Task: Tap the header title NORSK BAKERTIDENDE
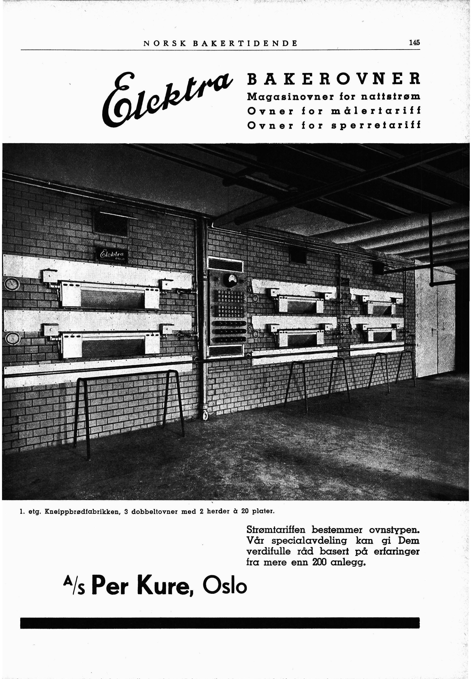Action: (220, 43)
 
